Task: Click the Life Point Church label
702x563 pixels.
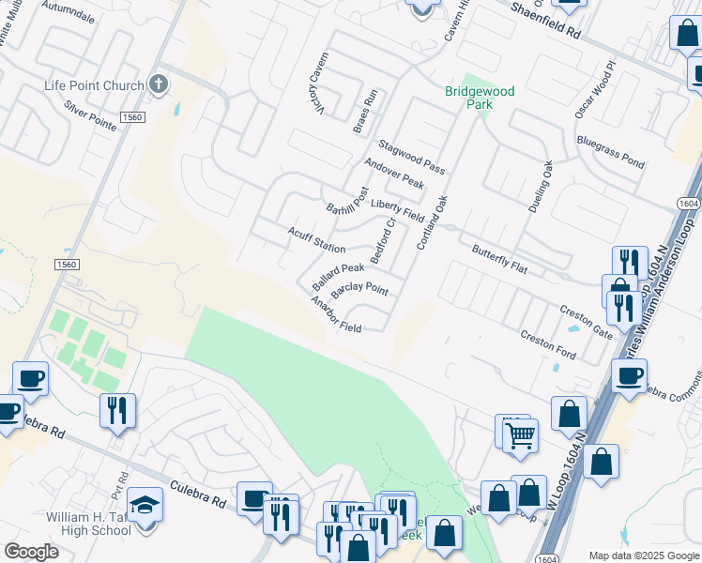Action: tap(95, 86)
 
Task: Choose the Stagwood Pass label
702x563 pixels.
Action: tap(411, 157)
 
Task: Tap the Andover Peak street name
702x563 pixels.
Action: tap(394, 173)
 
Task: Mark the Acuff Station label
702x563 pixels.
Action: tap(316, 239)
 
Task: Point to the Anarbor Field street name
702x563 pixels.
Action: tap(336, 314)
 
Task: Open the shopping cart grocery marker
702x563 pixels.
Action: tap(520, 434)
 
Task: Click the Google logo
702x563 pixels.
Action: tap(31, 551)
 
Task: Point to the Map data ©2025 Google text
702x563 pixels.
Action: tap(644, 555)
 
